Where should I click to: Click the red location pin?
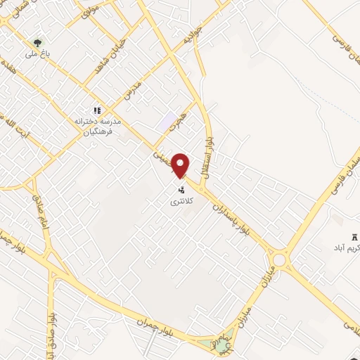181,165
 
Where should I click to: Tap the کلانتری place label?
180,202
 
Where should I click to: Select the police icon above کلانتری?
181,190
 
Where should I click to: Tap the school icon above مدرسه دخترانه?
98,110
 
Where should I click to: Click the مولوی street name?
89,11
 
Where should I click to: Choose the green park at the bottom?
221,345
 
